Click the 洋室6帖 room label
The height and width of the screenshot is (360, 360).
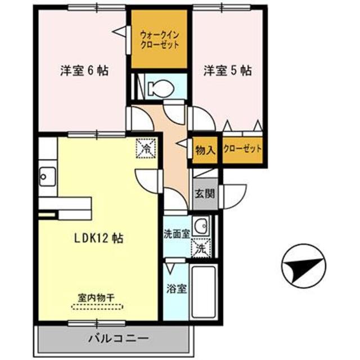[84, 71]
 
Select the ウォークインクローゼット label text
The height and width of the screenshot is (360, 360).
[160, 39]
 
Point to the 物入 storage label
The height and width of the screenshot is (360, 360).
[205, 150]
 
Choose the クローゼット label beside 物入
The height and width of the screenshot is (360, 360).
[243, 150]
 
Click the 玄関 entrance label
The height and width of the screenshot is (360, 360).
[205, 194]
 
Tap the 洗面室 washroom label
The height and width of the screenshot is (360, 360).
[177, 233]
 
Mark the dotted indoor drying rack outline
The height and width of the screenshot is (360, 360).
[97, 307]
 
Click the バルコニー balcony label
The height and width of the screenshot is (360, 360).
[118, 339]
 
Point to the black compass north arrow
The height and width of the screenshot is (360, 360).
[304, 265]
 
